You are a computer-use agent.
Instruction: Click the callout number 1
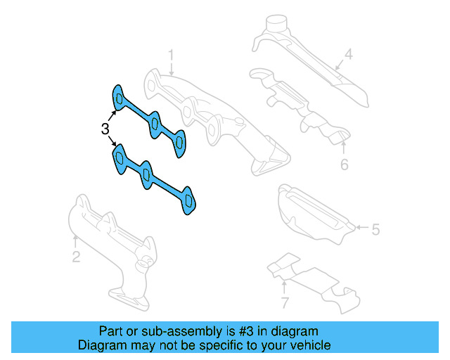pos(170,54)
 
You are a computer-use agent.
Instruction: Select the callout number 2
pos(76,257)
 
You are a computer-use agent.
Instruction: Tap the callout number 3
pos(105,129)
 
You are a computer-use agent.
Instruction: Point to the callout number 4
pos(347,53)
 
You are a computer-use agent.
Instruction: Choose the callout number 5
pos(375,229)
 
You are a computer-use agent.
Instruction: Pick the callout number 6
pos(344,165)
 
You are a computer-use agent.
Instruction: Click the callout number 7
pos(284,303)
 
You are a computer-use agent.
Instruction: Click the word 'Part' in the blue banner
pos(111,331)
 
